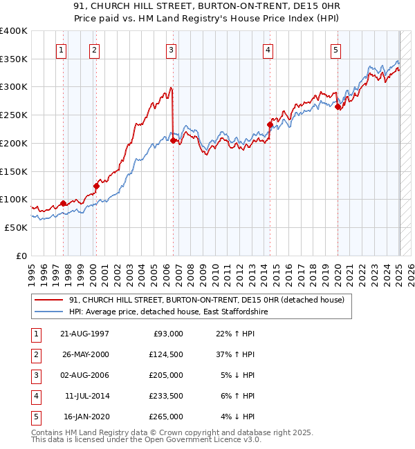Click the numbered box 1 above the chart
click(62, 49)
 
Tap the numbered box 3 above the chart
click(170, 49)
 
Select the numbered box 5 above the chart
click(335, 49)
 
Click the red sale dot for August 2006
click(173, 141)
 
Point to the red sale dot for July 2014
click(270, 125)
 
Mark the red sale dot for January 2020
click(338, 107)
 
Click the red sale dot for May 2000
click(97, 186)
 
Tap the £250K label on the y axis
click(14, 115)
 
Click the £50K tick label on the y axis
click(17, 227)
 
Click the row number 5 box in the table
click(34, 417)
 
